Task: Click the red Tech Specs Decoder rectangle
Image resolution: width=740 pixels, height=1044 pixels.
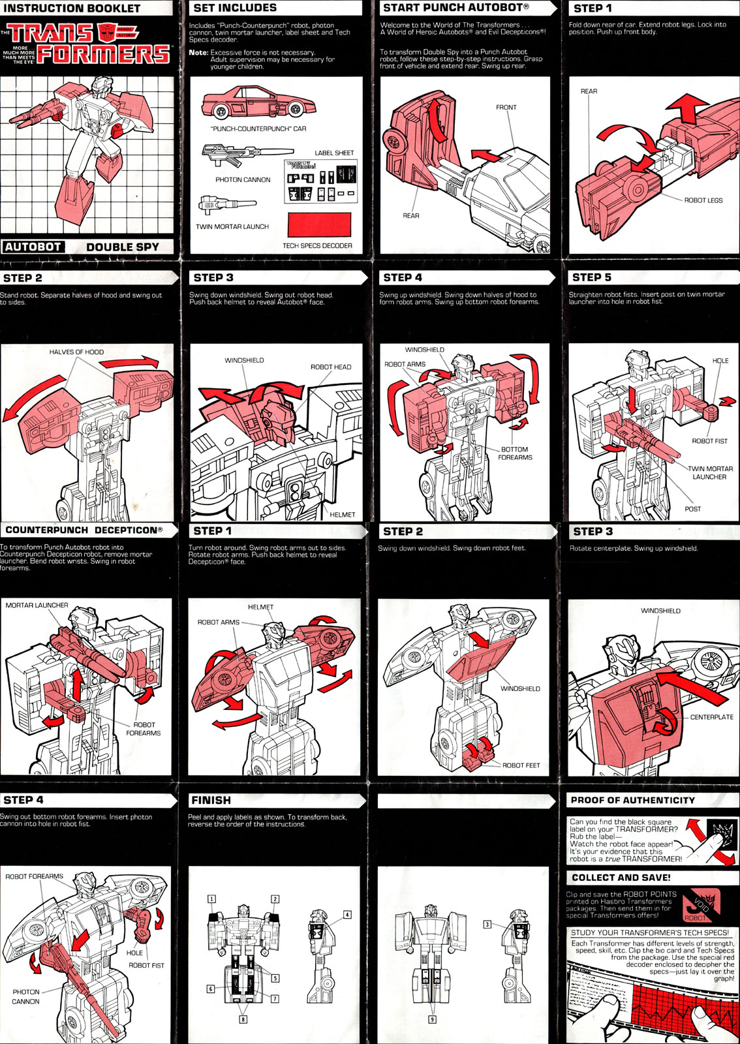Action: click(x=319, y=225)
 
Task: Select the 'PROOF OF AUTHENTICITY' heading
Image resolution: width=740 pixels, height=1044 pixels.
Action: click(x=632, y=800)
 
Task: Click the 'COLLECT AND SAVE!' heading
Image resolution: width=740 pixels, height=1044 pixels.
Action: click(x=621, y=878)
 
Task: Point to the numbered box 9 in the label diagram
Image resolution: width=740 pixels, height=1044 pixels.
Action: click(x=431, y=1019)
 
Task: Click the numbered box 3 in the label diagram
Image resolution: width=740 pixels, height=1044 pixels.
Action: click(x=487, y=924)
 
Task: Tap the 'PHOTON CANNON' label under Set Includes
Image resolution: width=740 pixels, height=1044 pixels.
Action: click(x=243, y=179)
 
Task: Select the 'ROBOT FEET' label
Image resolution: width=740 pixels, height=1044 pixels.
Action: click(x=521, y=765)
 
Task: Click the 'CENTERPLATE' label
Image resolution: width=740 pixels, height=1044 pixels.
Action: click(x=711, y=717)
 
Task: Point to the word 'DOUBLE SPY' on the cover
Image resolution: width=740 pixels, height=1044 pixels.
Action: click(x=123, y=247)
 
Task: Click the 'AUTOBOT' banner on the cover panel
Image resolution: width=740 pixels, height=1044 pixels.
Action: click(x=33, y=247)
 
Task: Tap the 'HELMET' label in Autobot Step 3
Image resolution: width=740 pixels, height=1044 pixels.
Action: click(x=342, y=514)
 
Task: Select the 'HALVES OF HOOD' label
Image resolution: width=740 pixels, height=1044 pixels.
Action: click(x=76, y=352)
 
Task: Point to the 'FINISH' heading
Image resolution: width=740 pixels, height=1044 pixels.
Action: click(x=211, y=800)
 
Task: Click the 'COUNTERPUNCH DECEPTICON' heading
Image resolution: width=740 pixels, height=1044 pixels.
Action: click(x=84, y=530)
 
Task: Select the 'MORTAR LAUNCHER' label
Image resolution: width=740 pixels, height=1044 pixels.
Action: click(x=37, y=606)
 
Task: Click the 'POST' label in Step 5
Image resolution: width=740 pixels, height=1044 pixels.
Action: click(x=692, y=509)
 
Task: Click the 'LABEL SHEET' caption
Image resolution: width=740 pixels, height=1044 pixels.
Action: click(x=334, y=153)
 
